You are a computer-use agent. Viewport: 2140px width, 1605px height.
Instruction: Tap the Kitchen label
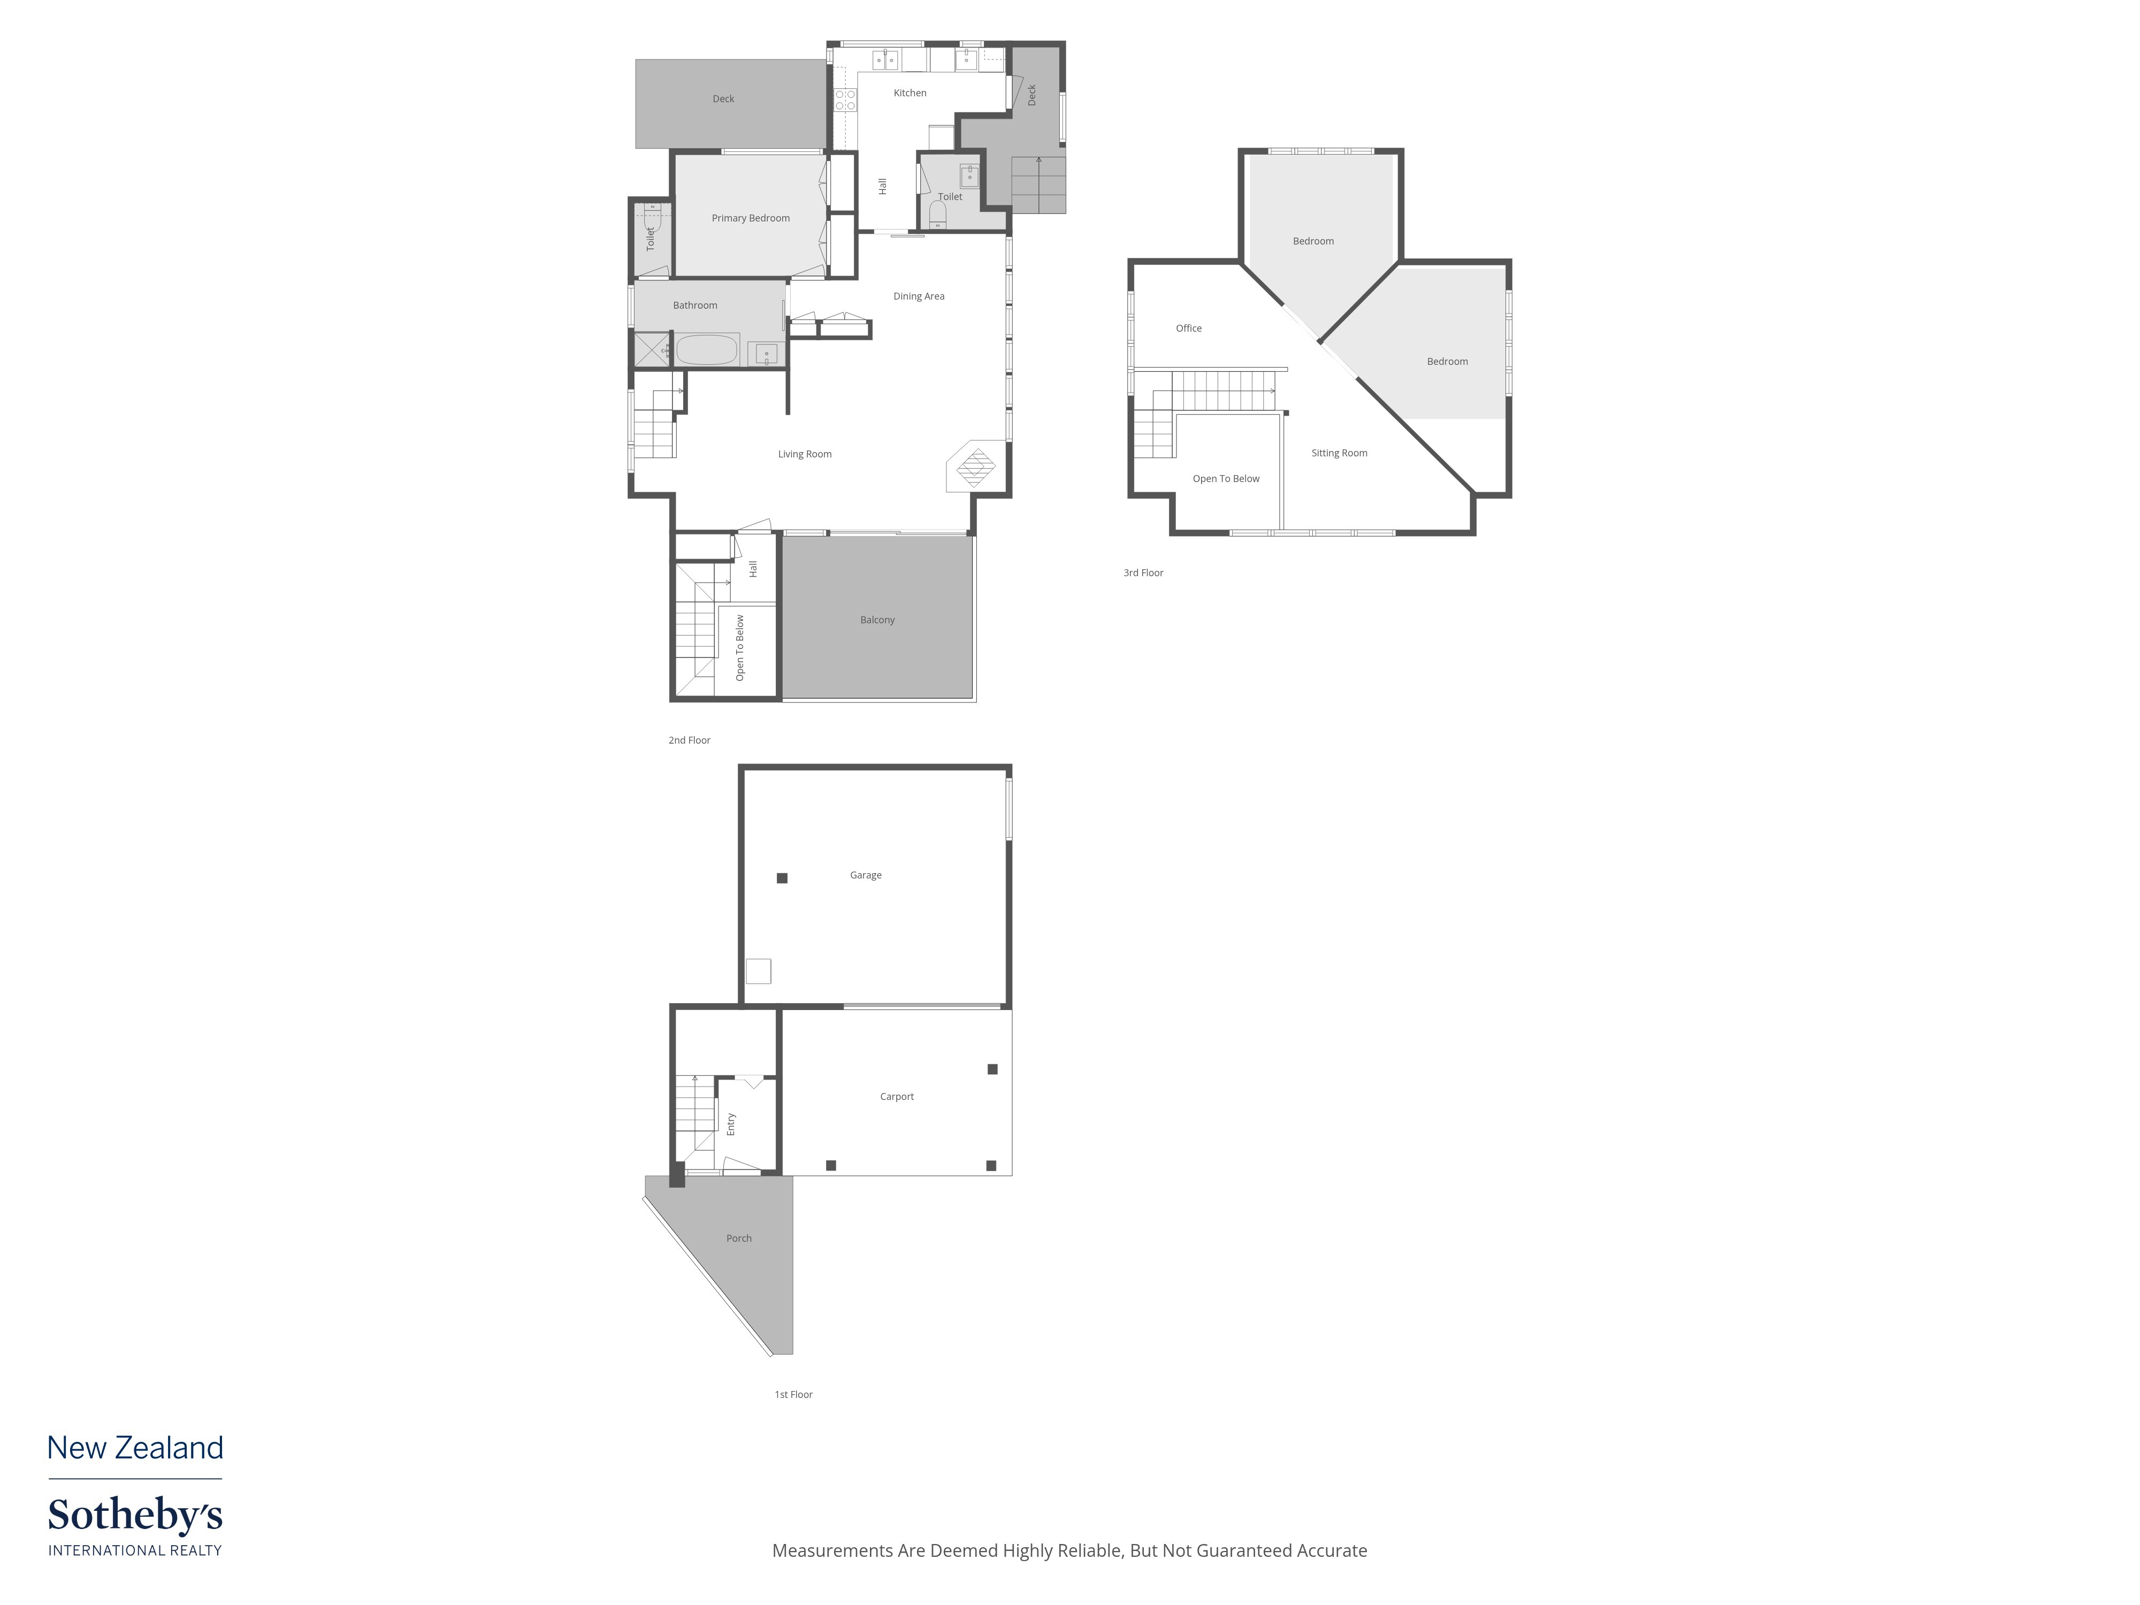point(909,93)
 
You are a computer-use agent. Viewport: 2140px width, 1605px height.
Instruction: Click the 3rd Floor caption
point(1143,574)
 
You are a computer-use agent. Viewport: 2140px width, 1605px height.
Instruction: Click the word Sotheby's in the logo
point(135,1516)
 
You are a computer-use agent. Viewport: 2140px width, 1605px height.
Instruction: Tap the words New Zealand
point(135,1448)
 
